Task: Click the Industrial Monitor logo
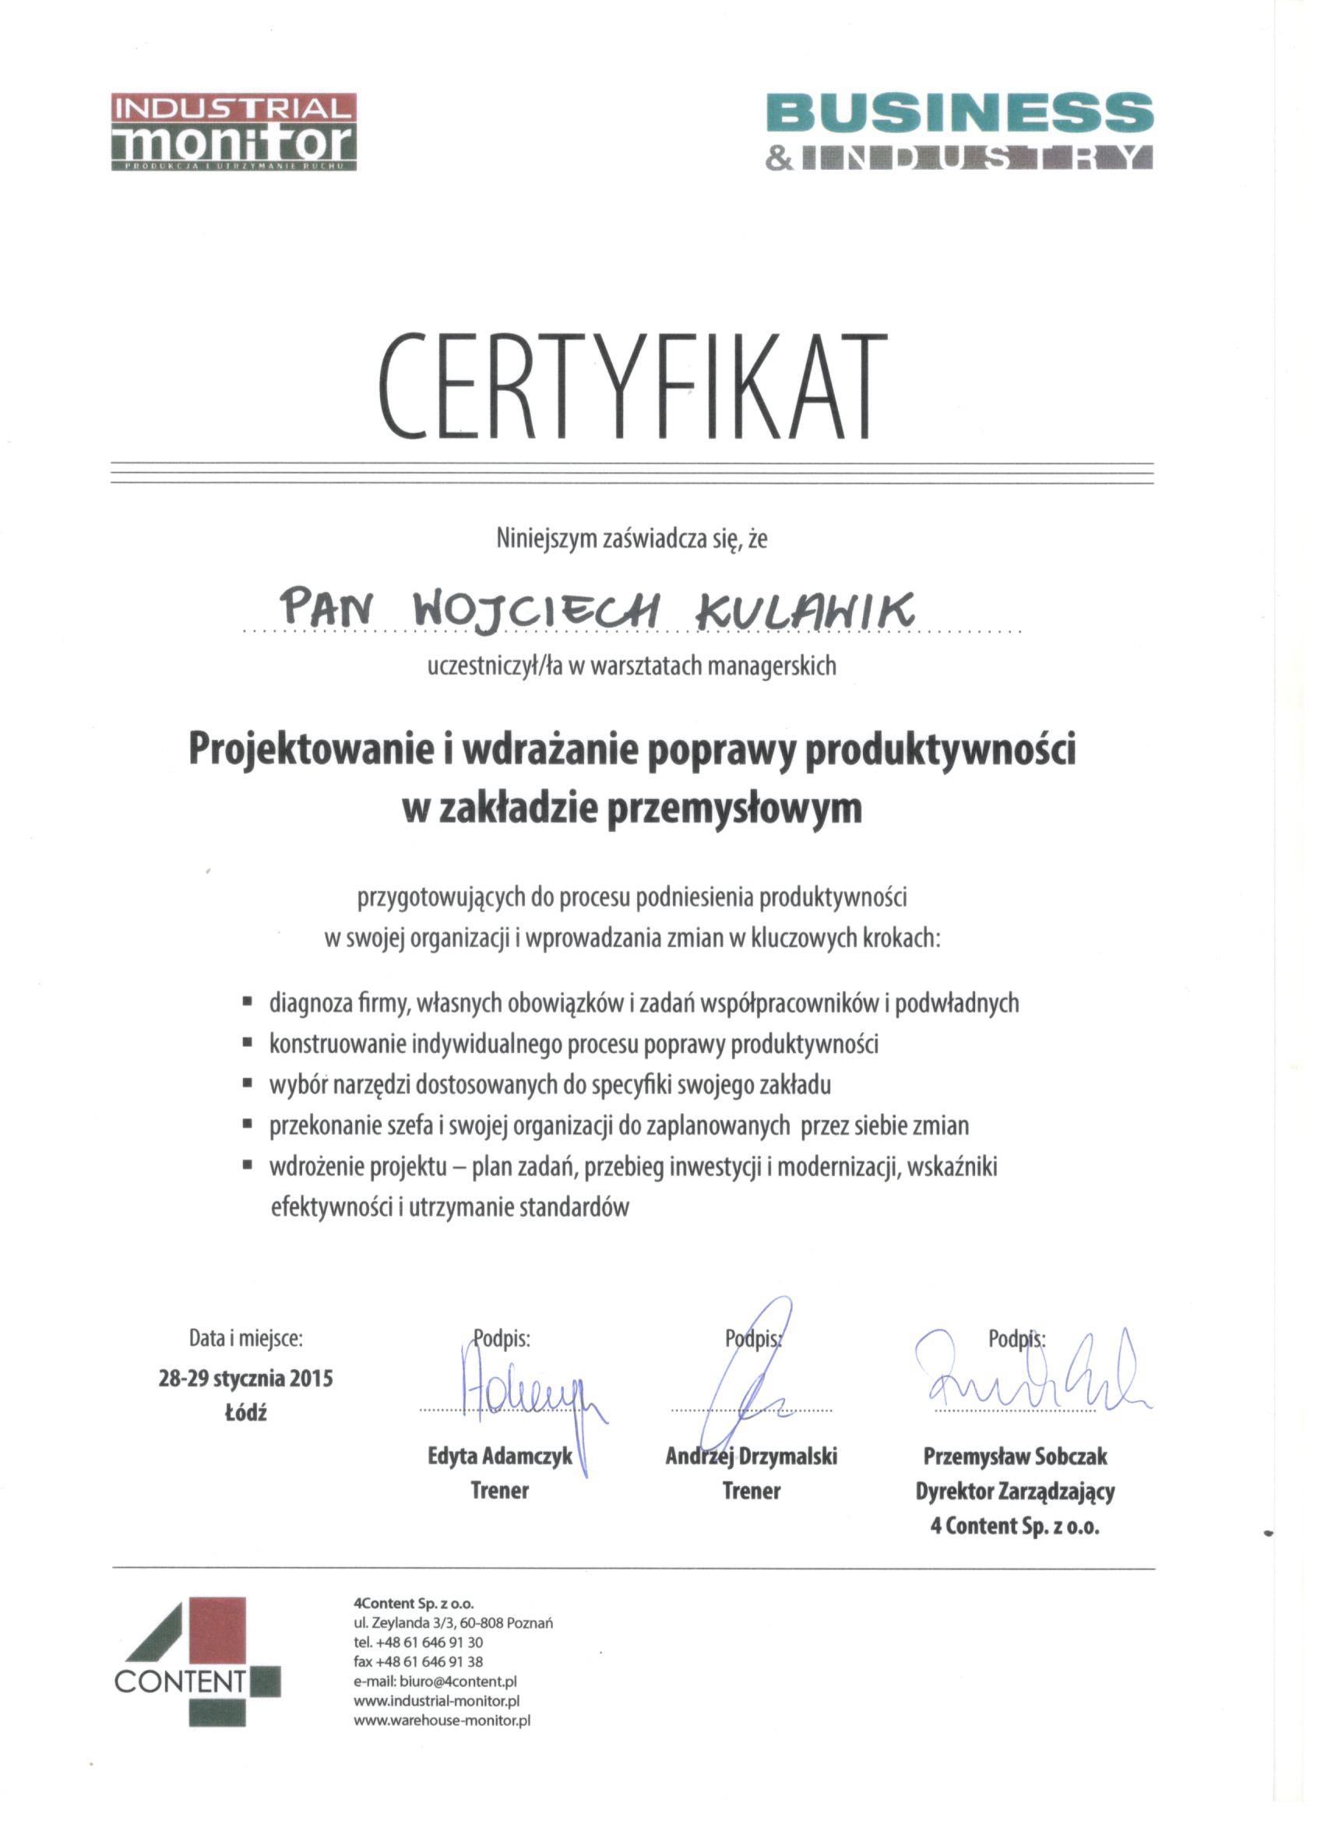(234, 133)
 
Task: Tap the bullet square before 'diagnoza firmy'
(248, 1003)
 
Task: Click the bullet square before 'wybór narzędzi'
(248, 1085)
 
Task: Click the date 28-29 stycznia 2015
(245, 1379)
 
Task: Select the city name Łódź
(245, 1413)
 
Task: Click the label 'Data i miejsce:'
(245, 1338)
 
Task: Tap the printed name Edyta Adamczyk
(499, 1456)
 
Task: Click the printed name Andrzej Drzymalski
(751, 1456)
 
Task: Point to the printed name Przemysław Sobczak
(1015, 1456)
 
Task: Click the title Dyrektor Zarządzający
(1015, 1492)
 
